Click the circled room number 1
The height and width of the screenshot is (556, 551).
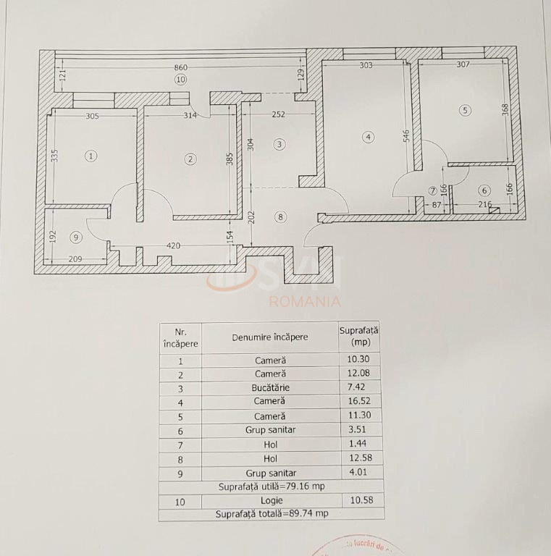coord(91,156)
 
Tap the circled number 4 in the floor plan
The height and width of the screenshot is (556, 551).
coord(369,136)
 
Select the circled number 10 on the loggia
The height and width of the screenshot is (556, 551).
coord(180,79)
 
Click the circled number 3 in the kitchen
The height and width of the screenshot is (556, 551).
coord(280,144)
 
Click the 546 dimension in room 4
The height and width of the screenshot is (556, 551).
coord(406,136)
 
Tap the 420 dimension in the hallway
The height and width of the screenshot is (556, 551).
coord(174,245)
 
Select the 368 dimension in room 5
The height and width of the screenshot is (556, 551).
coord(505,109)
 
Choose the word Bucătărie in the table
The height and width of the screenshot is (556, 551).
coord(270,387)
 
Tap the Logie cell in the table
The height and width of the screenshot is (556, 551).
coord(270,500)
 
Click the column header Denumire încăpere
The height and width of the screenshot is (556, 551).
coord(270,337)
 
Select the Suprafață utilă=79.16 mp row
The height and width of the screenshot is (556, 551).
coord(271,487)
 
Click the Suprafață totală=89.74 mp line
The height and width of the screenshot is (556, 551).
coord(271,513)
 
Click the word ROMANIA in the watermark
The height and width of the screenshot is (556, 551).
coord(305,301)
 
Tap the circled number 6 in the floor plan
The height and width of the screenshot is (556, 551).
coord(484,190)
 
